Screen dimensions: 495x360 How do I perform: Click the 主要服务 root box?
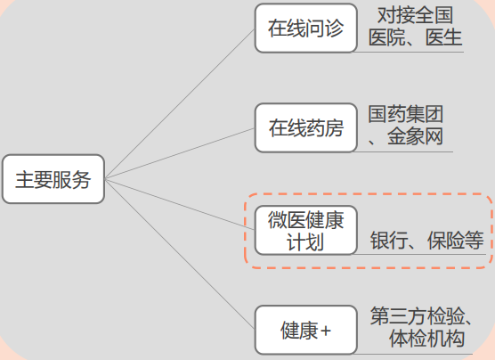[53, 179]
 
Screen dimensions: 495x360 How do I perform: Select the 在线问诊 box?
[306, 28]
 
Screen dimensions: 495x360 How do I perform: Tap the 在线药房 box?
[306, 127]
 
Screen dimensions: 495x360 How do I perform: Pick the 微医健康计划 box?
[306, 230]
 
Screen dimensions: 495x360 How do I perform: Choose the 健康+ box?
[306, 330]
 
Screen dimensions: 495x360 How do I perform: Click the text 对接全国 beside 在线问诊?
[416, 15]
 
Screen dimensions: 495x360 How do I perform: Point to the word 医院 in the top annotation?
[387, 37]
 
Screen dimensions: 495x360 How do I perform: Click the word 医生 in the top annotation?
[444, 37]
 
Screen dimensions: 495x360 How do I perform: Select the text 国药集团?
[406, 114]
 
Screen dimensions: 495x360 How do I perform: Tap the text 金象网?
[415, 136]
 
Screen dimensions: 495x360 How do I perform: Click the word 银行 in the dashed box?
[389, 241]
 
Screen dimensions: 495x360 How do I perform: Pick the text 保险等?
[455, 241]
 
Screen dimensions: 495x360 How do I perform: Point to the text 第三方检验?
[418, 315]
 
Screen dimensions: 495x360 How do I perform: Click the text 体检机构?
[426, 339]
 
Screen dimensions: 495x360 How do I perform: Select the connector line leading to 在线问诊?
[180, 104]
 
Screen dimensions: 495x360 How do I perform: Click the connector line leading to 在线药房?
[180, 153]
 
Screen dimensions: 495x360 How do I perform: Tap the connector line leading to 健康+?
[180, 254]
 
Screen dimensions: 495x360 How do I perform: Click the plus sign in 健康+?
[326, 331]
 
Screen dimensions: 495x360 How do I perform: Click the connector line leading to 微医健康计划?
[180, 204]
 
